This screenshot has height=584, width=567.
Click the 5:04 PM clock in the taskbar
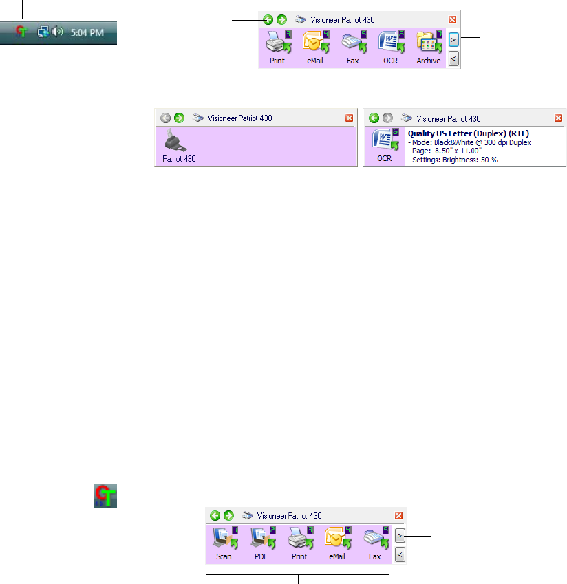pos(87,32)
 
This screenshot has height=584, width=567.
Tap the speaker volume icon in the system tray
pos(58,32)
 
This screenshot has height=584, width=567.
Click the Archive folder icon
pos(428,44)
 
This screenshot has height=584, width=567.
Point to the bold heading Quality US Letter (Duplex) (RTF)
pos(469,133)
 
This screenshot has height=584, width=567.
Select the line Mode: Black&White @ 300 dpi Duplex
pos(469,142)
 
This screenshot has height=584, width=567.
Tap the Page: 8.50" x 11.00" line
pos(445,151)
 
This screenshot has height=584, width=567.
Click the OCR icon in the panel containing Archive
pos(390,44)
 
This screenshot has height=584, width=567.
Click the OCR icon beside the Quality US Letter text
pos(384,140)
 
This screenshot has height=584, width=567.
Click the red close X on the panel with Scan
pos(398,515)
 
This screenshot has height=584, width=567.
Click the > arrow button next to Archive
pos(453,40)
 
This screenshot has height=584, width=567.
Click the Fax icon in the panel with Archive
pos(352,44)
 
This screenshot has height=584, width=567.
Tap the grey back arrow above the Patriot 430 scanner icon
pos(165,118)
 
